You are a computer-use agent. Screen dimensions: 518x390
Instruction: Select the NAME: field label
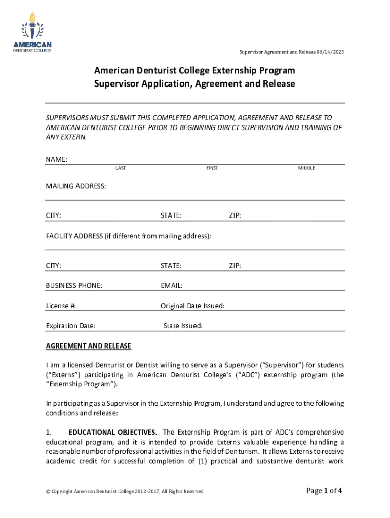tap(57, 160)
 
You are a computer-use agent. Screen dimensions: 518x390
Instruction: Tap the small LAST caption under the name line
tap(121, 168)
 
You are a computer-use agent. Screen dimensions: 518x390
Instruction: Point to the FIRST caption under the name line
tap(212, 168)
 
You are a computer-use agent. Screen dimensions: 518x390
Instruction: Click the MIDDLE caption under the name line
tap(306, 168)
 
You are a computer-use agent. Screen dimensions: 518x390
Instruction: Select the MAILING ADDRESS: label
tap(76, 186)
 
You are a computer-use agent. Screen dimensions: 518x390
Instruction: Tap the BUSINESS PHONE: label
tap(74, 286)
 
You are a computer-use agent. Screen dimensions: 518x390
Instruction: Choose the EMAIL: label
tap(172, 286)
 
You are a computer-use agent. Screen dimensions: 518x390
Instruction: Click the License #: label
tap(61, 306)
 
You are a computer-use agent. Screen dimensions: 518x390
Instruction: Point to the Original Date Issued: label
tap(192, 306)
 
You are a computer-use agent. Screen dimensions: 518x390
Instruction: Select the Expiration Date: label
tap(70, 326)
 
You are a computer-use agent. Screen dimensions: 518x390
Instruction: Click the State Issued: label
tap(183, 326)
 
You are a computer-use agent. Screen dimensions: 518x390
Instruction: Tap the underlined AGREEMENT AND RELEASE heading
tap(89, 346)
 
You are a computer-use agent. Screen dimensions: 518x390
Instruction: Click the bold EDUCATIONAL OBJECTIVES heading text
tap(112, 432)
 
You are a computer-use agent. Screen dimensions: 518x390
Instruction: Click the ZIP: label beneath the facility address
tap(235, 266)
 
